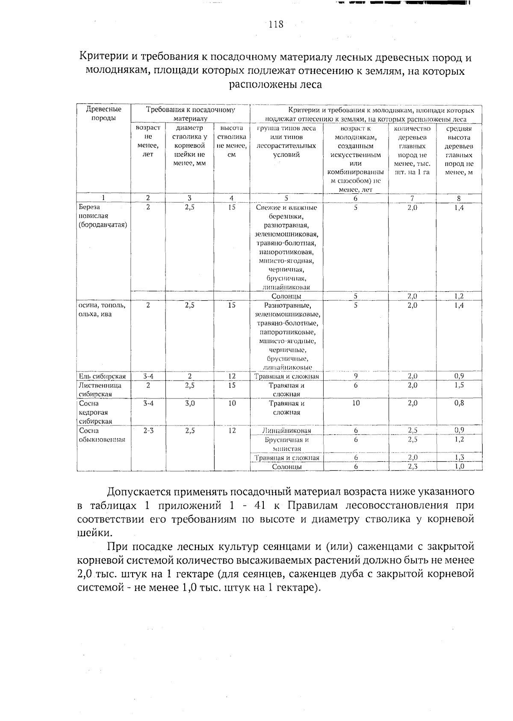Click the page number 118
[276, 24]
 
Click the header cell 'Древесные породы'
[104, 114]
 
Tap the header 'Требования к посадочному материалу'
[191, 114]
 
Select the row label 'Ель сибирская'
[103, 376]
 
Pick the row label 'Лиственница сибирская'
[100, 390]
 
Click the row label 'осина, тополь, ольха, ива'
[101, 310]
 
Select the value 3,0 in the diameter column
[190, 403]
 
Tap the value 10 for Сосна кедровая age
[356, 403]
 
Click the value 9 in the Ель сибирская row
[356, 376]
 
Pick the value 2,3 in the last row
[413, 467]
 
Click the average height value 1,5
[459, 385]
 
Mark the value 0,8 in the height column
[459, 403]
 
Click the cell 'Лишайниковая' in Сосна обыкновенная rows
[286, 431]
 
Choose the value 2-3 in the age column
[148, 431]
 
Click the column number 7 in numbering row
[413, 198]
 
